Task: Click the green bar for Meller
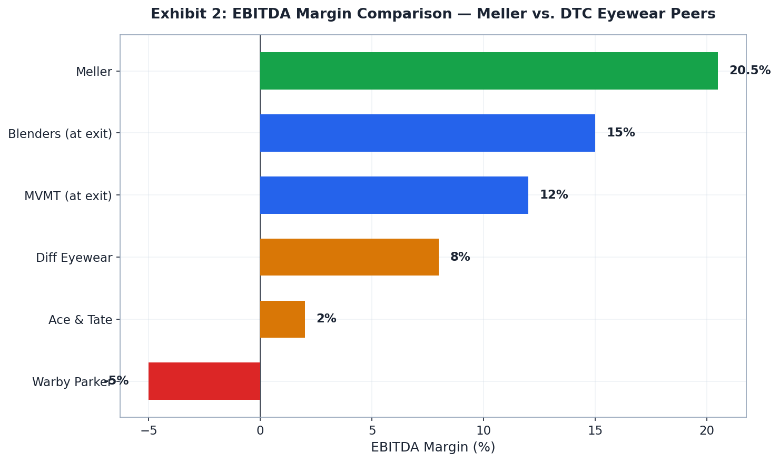pos(488,71)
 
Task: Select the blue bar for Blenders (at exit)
pos(427,133)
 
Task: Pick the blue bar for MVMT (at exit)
pos(394,195)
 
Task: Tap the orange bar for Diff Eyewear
pos(349,257)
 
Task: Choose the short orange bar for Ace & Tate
pos(282,319)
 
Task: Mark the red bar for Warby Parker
pos(204,381)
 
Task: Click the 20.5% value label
pos(750,71)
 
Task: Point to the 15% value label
pos(620,133)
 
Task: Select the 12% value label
pos(554,195)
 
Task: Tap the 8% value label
pos(460,257)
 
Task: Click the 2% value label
pos(326,319)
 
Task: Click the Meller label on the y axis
pos(94,72)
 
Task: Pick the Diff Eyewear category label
pos(74,258)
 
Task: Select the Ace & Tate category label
pos(80,320)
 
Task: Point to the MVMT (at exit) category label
pos(68,196)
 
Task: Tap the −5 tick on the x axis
pos(149,430)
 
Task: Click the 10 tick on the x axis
pos(484,430)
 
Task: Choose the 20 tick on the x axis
pos(707,430)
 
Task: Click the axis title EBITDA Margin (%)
pos(433,447)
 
